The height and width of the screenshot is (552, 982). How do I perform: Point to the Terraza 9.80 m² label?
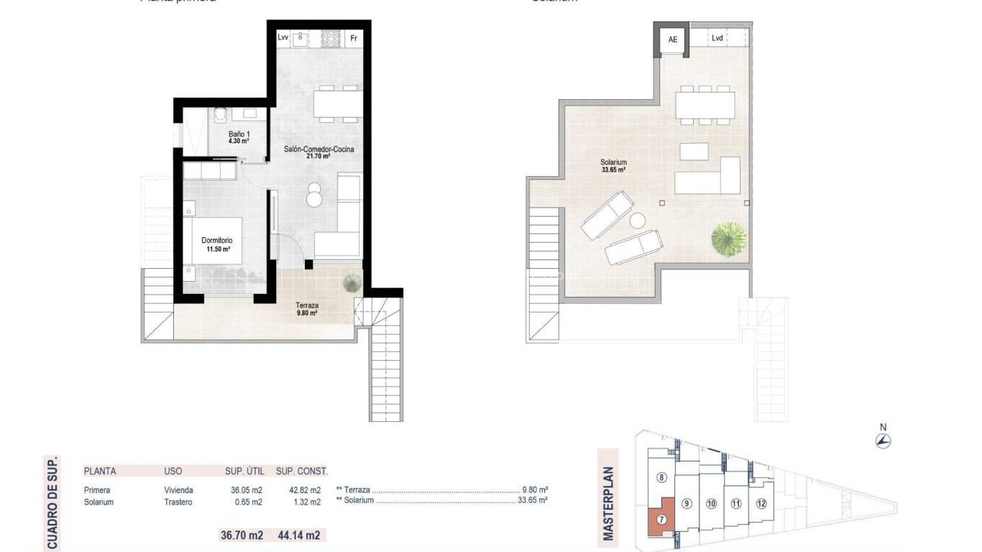[307, 309]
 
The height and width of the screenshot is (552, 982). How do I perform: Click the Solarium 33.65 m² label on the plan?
[613, 166]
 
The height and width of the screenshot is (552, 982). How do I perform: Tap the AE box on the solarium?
[673, 40]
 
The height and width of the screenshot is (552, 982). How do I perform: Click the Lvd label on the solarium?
[717, 39]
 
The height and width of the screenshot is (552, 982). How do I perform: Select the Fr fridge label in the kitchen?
[353, 38]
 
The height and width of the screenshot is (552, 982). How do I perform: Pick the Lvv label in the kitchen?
[283, 38]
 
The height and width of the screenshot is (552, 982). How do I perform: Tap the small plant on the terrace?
[352, 282]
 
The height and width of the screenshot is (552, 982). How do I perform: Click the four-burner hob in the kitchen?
[331, 38]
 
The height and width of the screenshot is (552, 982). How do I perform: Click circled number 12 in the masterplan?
[761, 503]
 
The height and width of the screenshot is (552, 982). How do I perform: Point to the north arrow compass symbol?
[884, 441]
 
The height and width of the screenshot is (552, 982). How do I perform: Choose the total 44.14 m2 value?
[298, 535]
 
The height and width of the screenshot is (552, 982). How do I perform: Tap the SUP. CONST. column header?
[302, 471]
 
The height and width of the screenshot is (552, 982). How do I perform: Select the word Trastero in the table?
[178, 502]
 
